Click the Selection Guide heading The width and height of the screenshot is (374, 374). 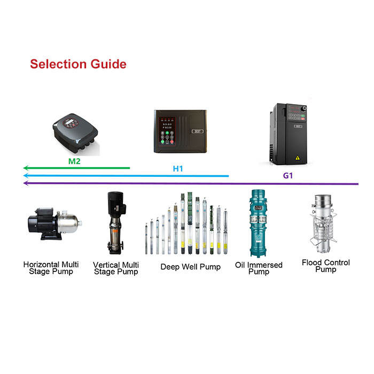[x=78, y=64]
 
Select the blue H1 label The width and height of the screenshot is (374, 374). [x=178, y=169]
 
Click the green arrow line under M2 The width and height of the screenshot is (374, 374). [x=80, y=168]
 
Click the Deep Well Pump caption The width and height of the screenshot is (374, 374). [x=190, y=267]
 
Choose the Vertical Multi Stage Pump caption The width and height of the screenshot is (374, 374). [x=116, y=268]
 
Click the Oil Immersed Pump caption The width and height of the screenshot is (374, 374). [x=259, y=268]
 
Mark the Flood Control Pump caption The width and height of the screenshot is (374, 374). [x=325, y=266]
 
